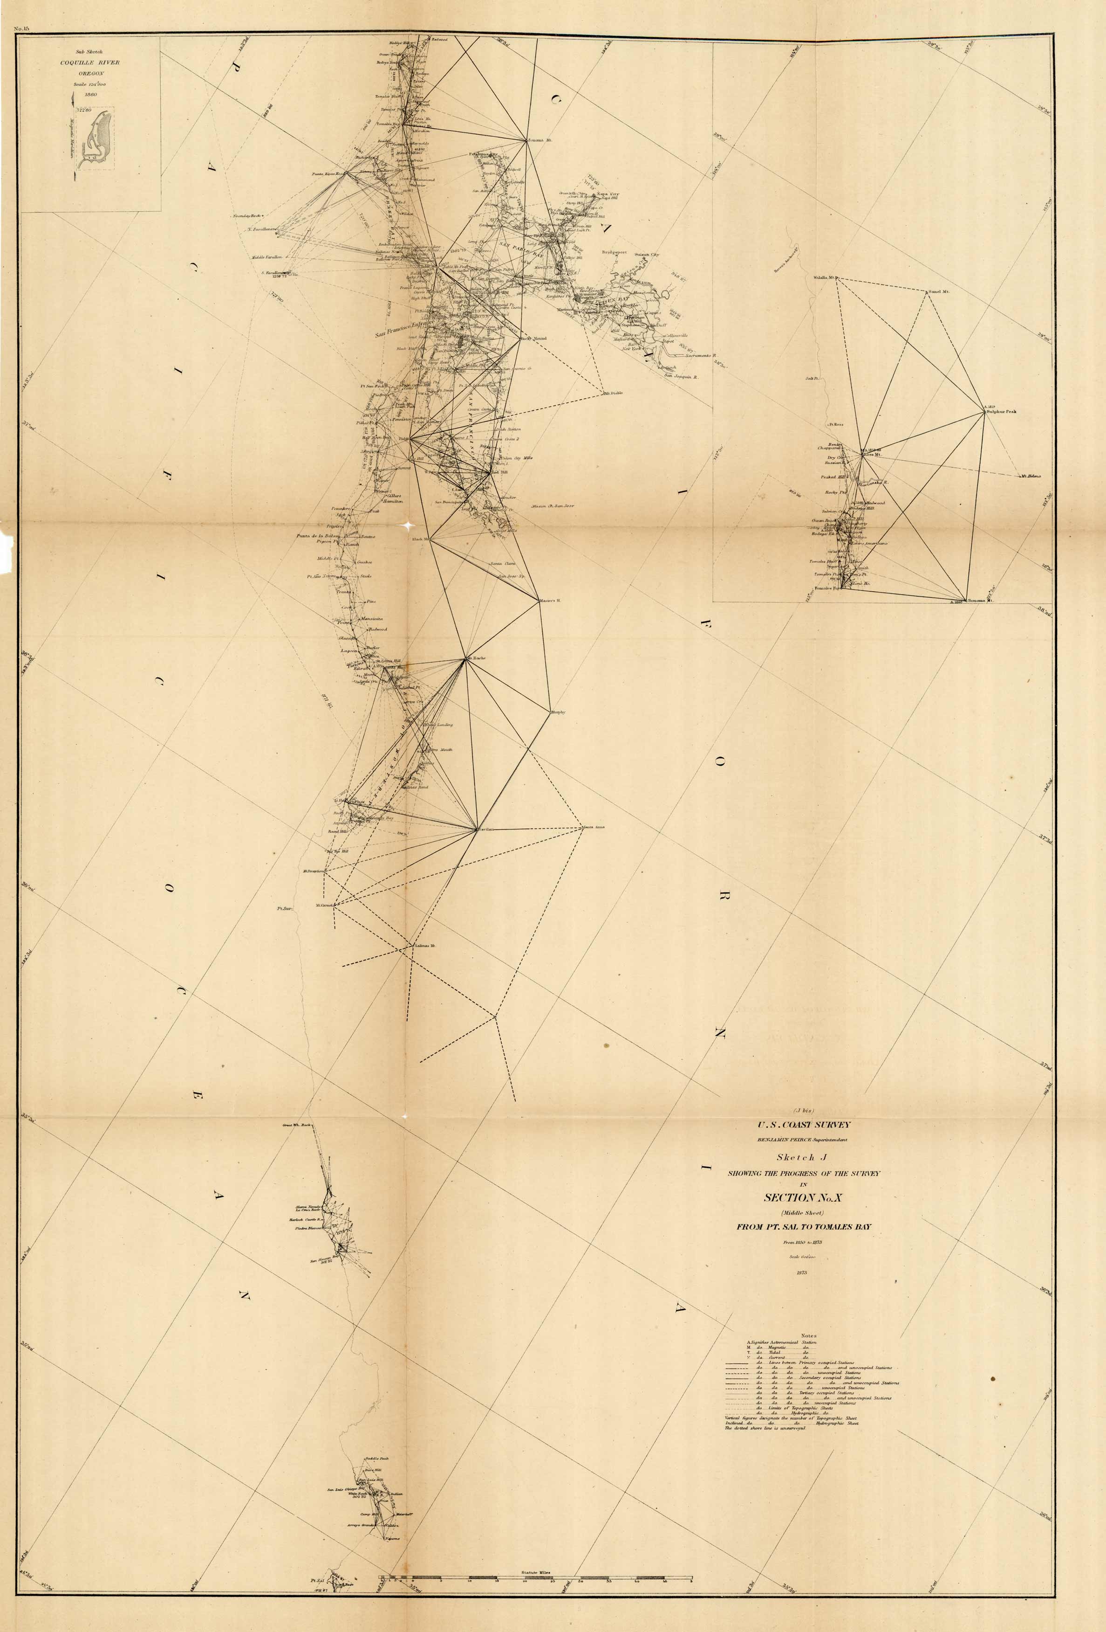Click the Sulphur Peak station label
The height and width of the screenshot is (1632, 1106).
[1002, 412]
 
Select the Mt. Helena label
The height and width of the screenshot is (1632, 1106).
[1031, 476]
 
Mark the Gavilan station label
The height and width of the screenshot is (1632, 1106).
[485, 830]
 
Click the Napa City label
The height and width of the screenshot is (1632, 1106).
[608, 194]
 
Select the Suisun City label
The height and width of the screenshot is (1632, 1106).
[647, 255]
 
